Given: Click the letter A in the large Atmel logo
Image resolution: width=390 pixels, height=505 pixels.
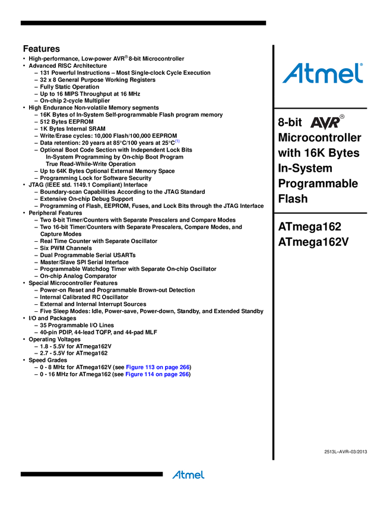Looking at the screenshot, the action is pyautogui.click(x=293, y=73).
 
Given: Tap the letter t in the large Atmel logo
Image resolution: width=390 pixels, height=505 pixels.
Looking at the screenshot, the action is pyautogui.click(x=309, y=73).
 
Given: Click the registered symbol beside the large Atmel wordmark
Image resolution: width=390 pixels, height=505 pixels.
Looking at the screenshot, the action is pyautogui.click(x=363, y=66).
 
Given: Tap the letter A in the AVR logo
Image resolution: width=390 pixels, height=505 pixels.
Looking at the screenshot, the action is pyautogui.click(x=316, y=124).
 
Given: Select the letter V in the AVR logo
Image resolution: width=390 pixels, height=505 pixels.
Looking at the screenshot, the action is pyautogui.click(x=325, y=124).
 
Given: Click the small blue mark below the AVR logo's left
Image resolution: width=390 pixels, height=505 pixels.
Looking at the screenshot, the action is pyautogui.click(x=177, y=141).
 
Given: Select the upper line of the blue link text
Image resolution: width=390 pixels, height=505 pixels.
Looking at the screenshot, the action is pyautogui.click(x=157, y=366).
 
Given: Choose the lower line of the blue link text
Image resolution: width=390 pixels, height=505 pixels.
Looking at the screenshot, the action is pyautogui.click(x=157, y=374).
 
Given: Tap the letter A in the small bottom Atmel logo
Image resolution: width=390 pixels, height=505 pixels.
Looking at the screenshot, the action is pyautogui.click(x=176, y=475).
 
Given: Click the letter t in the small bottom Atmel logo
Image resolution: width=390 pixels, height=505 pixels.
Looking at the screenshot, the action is pyautogui.click(x=182, y=475).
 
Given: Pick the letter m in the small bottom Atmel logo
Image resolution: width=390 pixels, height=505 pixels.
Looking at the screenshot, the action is pyautogui.click(x=189, y=475).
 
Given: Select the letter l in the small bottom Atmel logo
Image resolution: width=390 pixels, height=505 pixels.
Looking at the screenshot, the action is pyautogui.click(x=202, y=475).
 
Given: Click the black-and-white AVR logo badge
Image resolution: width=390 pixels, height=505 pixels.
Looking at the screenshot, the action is pyautogui.click(x=326, y=122).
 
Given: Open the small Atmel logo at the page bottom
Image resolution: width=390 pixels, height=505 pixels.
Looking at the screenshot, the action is pyautogui.click(x=188, y=475).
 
